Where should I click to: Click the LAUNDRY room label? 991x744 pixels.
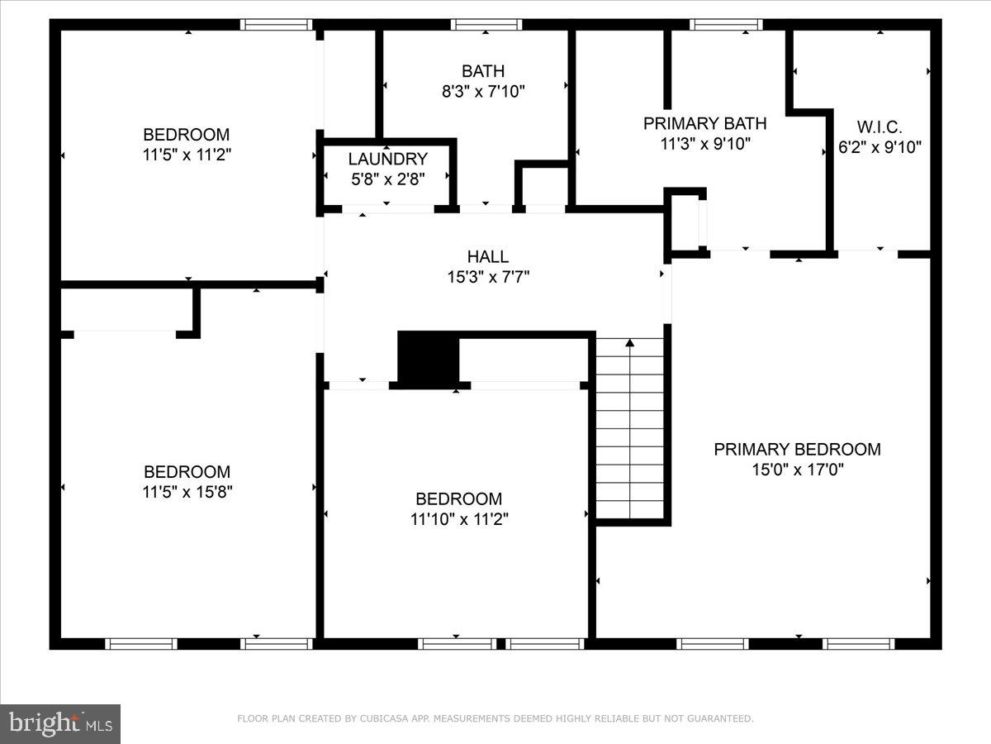(x=387, y=159)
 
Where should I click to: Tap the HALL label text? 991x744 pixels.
(x=487, y=257)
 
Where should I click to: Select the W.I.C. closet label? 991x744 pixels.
(x=879, y=127)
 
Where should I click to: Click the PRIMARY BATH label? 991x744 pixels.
(x=704, y=123)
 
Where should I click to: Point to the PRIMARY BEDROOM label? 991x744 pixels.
(x=797, y=449)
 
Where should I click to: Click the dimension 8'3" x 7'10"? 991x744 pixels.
(x=483, y=92)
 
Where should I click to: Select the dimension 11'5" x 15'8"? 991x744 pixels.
(x=187, y=492)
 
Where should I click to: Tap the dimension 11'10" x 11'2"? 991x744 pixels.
(x=458, y=519)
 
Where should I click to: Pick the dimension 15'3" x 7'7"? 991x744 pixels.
(x=487, y=278)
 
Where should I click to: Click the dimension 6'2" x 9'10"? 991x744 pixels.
(x=879, y=148)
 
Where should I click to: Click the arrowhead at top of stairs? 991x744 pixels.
(x=629, y=341)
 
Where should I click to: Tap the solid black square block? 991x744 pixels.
(x=428, y=358)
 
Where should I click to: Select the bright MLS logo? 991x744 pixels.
(x=60, y=724)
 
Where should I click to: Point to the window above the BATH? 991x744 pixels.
(x=486, y=25)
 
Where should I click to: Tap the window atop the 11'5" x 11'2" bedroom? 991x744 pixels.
(x=277, y=25)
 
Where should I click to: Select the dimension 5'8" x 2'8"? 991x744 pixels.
(x=387, y=179)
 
